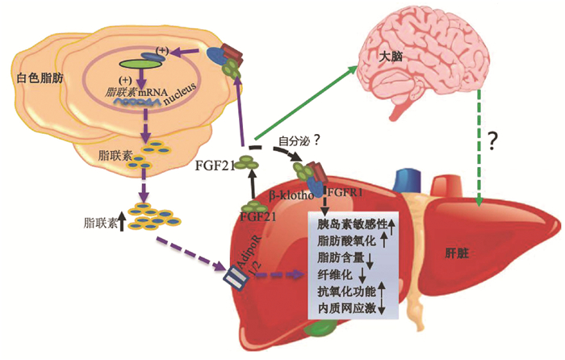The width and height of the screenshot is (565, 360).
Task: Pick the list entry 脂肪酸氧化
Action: click(345, 240)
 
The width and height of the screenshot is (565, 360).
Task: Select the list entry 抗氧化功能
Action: click(345, 291)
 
